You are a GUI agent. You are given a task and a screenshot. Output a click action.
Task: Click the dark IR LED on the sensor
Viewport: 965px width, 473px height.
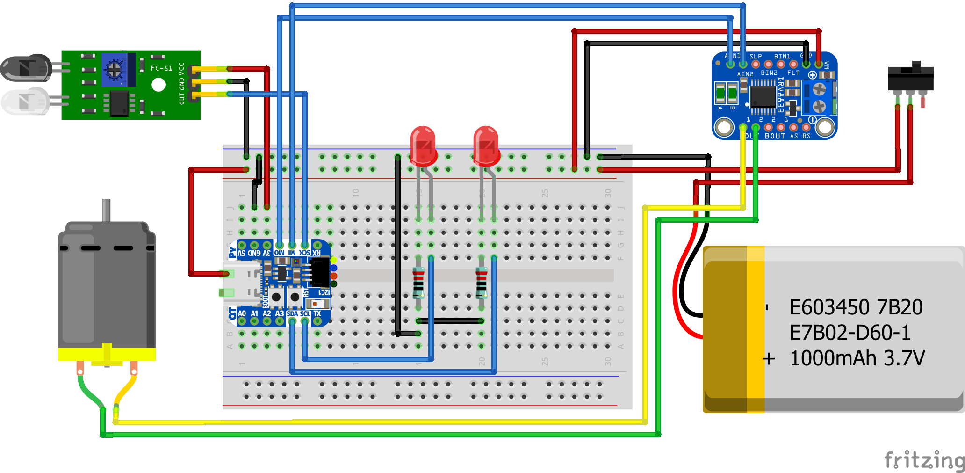pyautogui.click(x=26, y=67)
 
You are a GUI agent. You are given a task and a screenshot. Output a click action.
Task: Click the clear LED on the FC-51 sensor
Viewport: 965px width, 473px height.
pyautogui.click(x=26, y=101)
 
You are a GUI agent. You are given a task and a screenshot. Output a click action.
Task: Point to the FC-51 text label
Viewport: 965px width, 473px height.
pyautogui.click(x=161, y=68)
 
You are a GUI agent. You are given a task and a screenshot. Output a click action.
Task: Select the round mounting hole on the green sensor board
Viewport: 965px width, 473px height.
pyautogui.click(x=158, y=85)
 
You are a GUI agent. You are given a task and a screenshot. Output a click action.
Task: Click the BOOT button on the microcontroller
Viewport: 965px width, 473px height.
pyautogui.click(x=276, y=297)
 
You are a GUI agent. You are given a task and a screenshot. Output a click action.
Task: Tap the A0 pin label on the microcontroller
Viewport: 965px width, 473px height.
pyautogui.click(x=242, y=313)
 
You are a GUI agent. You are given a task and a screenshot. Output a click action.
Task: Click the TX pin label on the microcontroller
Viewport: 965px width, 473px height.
pyautogui.click(x=317, y=313)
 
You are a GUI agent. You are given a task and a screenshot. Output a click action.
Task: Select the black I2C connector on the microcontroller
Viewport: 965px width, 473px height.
pyautogui.click(x=320, y=272)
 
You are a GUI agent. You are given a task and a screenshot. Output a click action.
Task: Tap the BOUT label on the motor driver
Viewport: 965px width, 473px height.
pyautogui.click(x=775, y=136)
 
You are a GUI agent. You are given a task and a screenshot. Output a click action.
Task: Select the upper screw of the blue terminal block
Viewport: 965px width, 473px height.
pyautogui.click(x=819, y=88)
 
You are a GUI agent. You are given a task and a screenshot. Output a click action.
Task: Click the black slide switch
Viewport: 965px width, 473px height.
pyautogui.click(x=910, y=77)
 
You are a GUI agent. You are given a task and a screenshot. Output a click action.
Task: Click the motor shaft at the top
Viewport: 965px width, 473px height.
pyautogui.click(x=107, y=210)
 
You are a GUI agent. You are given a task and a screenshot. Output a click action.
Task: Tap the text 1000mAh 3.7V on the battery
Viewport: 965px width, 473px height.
pyautogui.click(x=857, y=358)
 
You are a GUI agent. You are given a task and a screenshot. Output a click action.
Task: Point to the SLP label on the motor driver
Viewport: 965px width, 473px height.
pyautogui.click(x=756, y=57)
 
